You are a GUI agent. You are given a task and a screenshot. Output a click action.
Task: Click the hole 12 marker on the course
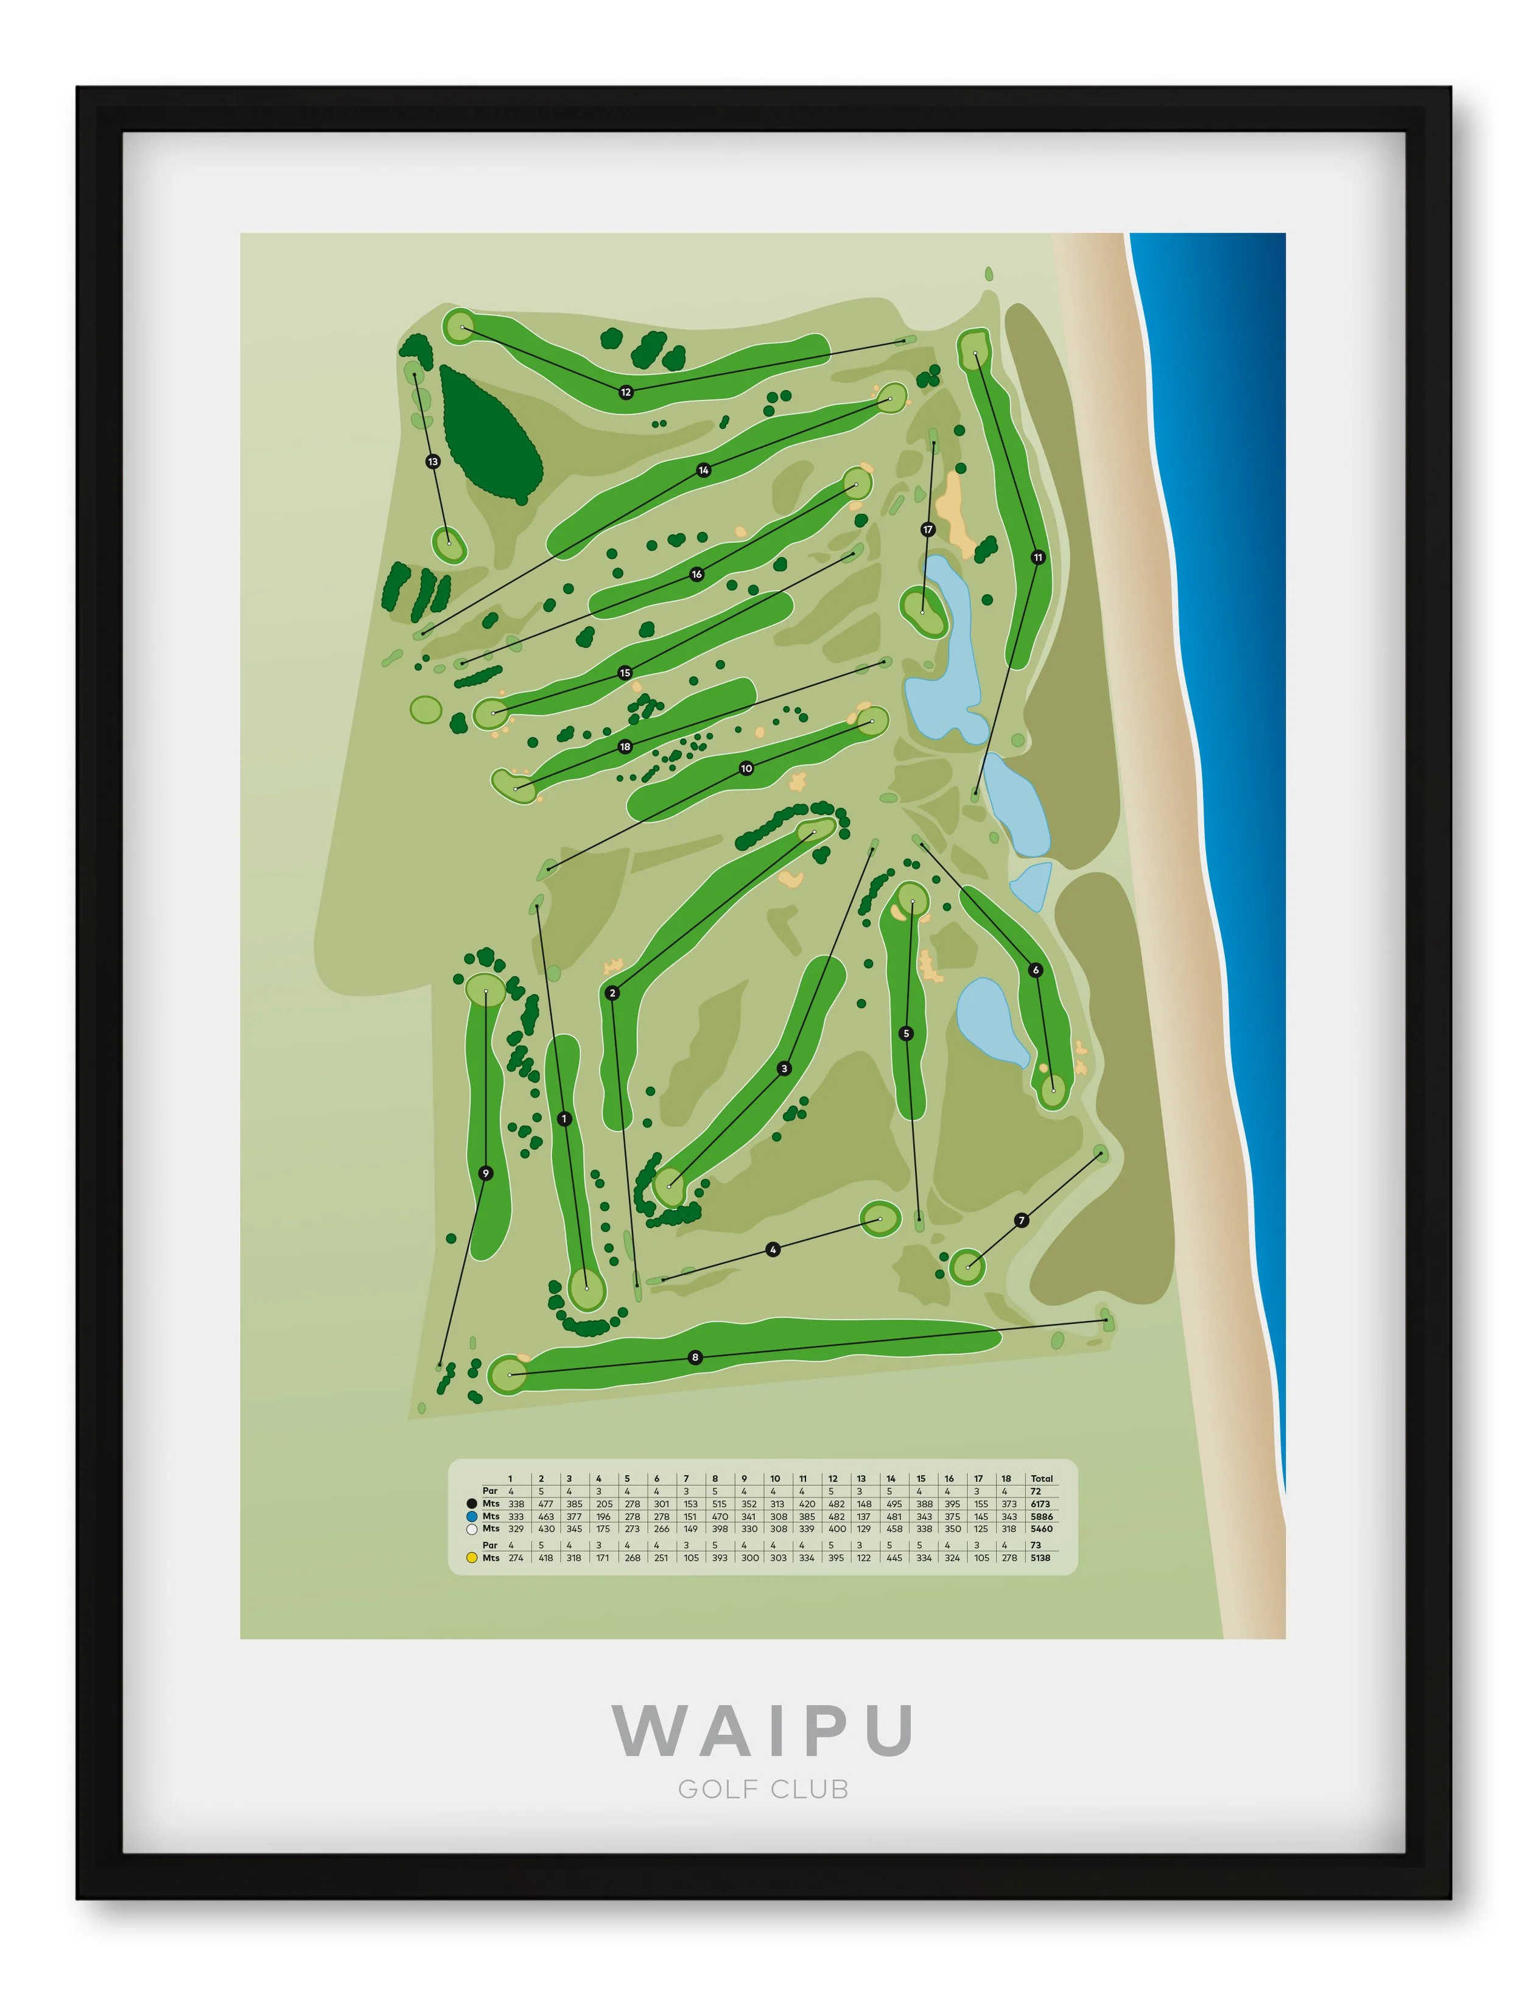pyautogui.click(x=626, y=392)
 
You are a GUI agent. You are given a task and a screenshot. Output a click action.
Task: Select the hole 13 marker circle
pyautogui.click(x=433, y=462)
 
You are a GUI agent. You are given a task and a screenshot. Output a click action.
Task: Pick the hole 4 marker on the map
pyautogui.click(x=773, y=1249)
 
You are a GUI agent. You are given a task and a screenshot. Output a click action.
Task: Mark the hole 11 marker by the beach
pyautogui.click(x=1038, y=557)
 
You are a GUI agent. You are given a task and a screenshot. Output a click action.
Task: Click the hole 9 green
pyautogui.click(x=486, y=989)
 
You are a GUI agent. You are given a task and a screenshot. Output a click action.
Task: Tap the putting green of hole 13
pyautogui.click(x=449, y=544)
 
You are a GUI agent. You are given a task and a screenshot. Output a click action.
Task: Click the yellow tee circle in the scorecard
pyautogui.click(x=472, y=1558)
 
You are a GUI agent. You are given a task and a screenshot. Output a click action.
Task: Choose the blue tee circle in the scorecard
pyautogui.click(x=472, y=1516)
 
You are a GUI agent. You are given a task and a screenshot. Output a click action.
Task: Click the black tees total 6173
pyautogui.click(x=1040, y=1504)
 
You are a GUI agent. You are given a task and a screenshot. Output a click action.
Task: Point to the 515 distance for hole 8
pyautogui.click(x=720, y=1504)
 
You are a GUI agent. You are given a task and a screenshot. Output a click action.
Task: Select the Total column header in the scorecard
pyautogui.click(x=1042, y=1479)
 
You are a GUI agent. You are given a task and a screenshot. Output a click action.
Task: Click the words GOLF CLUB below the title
pyautogui.click(x=763, y=1789)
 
